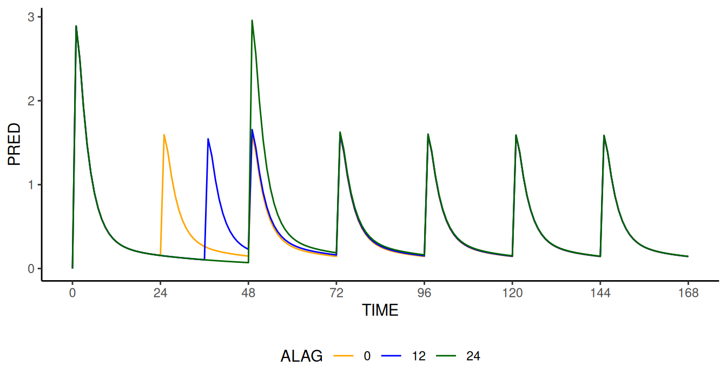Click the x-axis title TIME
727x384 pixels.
380,310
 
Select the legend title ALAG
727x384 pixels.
302,356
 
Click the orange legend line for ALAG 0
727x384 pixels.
343,356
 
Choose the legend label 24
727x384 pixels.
473,356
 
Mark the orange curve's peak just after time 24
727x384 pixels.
164,135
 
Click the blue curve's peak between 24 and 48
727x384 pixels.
208,139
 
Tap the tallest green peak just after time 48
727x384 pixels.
252,21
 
